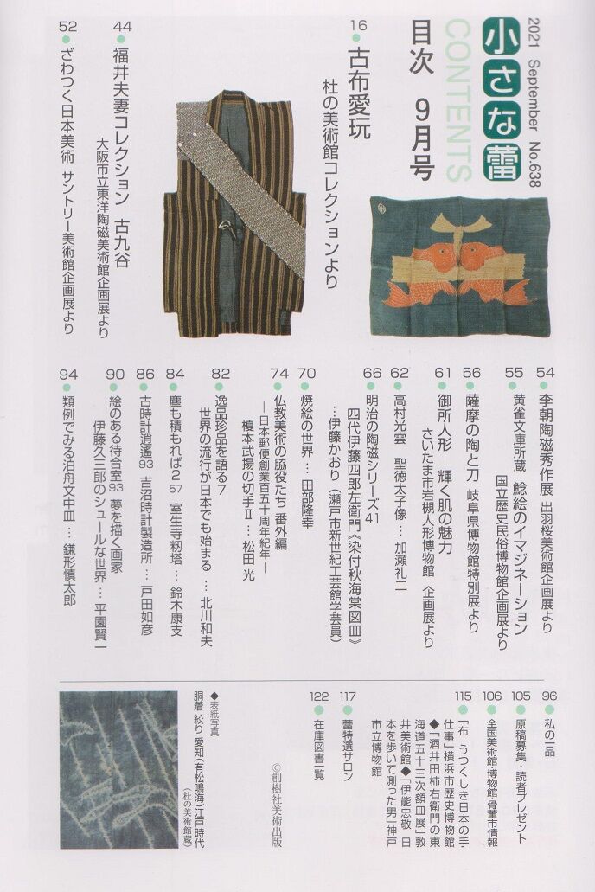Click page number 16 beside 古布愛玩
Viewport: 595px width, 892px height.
click(359, 25)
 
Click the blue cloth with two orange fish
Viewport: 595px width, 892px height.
click(459, 266)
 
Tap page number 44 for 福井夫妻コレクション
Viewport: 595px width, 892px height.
click(122, 26)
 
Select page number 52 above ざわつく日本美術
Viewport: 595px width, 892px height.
click(67, 26)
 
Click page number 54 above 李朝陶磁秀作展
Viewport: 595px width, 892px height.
click(545, 373)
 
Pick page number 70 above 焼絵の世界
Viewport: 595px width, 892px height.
click(307, 373)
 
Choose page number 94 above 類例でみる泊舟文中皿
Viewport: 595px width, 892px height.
click(67, 374)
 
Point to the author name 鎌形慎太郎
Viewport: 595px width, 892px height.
click(68, 573)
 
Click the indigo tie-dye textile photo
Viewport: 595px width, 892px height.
click(118, 770)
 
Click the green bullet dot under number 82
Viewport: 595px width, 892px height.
click(221, 387)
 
